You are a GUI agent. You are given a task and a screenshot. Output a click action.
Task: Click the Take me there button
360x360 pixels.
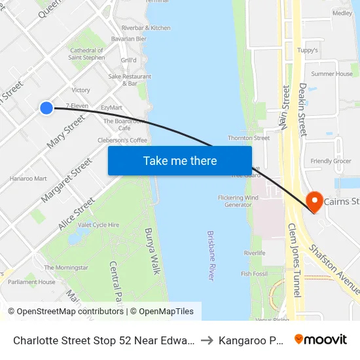[180, 160]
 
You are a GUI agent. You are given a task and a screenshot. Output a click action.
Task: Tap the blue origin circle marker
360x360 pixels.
[46, 108]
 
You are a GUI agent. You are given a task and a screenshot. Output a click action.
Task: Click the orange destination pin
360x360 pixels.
[314, 202]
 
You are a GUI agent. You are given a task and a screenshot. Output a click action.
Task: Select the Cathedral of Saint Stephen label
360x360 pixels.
[87, 54]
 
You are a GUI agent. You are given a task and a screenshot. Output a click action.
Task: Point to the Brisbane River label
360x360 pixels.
[211, 255]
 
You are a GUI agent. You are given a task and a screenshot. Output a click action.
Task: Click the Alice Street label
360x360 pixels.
[77, 214]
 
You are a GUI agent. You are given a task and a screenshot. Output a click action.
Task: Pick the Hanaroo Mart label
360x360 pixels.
[28, 178]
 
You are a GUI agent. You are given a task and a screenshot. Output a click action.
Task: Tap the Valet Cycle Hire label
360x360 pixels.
[98, 225]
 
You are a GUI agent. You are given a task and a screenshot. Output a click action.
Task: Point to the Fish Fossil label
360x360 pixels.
[255, 274]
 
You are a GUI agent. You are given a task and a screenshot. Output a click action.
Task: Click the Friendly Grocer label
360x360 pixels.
[331, 161]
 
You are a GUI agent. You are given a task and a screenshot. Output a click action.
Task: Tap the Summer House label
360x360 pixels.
[332, 74]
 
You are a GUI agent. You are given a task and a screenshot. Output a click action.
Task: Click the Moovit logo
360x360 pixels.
[321, 339]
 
